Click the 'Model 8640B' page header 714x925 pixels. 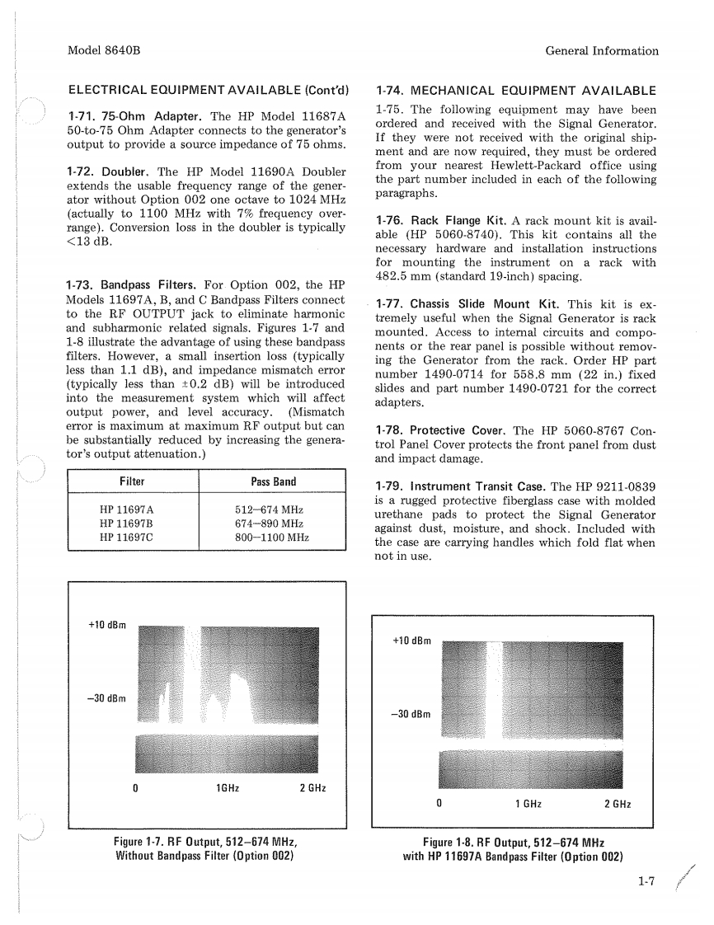tap(103, 50)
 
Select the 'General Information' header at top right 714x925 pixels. tap(602, 50)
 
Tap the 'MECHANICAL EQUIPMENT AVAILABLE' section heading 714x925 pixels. tap(516, 91)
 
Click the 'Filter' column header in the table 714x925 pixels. tap(132, 481)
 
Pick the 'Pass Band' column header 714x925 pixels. tap(273, 481)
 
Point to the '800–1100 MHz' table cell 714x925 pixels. tap(272, 538)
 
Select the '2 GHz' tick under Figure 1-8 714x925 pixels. tap(618, 804)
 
